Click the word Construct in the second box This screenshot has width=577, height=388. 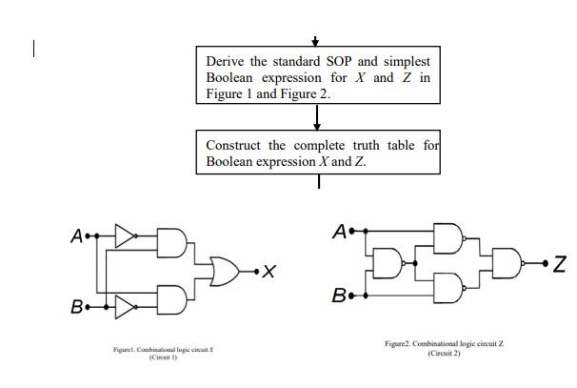tap(234, 146)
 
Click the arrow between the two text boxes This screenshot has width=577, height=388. tap(317, 116)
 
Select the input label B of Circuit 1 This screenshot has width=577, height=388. tap(75, 308)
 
